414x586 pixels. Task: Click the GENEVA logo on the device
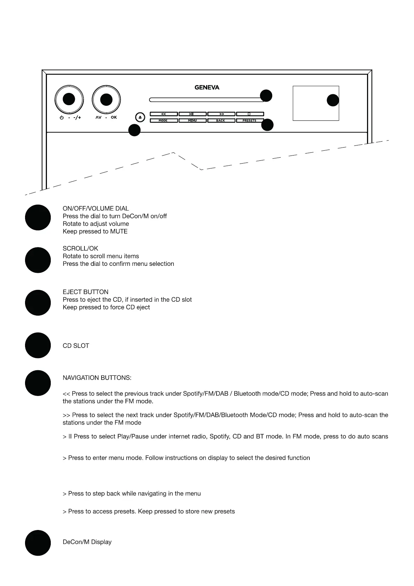(x=207, y=87)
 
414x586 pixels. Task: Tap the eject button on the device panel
(x=140, y=117)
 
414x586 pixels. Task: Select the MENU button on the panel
(x=192, y=120)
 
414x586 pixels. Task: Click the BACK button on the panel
(x=221, y=120)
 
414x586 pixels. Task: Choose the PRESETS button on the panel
(x=250, y=120)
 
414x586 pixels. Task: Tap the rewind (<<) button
(x=164, y=114)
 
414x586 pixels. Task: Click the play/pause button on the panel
(x=192, y=114)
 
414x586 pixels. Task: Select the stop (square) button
(x=250, y=114)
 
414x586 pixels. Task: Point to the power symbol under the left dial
(x=62, y=118)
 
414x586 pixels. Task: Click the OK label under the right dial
(x=114, y=117)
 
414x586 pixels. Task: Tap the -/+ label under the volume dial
(x=77, y=118)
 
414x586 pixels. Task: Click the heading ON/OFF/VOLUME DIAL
(x=96, y=208)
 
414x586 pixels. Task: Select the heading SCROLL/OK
(x=80, y=248)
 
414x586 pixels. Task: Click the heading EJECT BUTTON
(x=86, y=292)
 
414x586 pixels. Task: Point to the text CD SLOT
(x=76, y=346)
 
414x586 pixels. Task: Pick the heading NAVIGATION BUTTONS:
(x=97, y=378)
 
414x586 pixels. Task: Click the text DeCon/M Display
(x=87, y=542)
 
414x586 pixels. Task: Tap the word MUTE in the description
(x=119, y=231)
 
